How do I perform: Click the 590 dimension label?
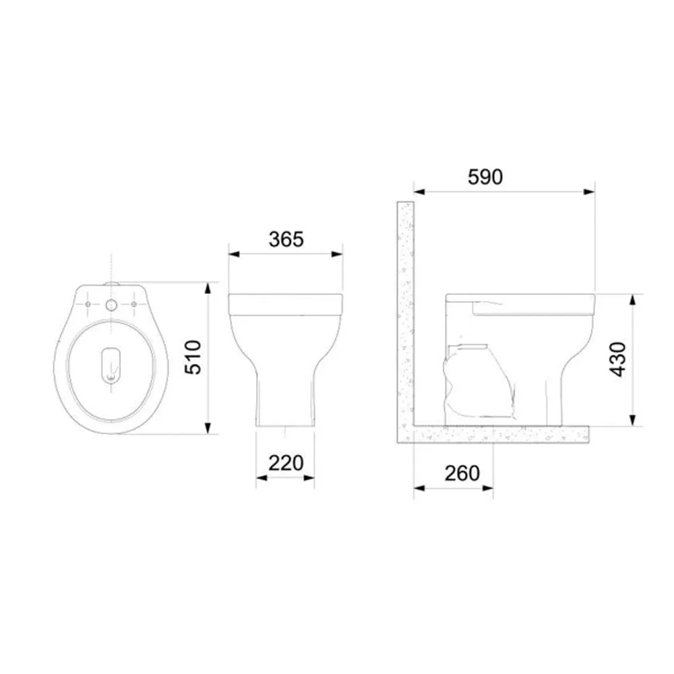pos(485,177)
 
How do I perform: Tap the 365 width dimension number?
pos(286,239)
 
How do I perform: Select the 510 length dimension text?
pos(193,357)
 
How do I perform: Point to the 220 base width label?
pos(286,463)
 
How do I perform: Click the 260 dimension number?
pos(462,473)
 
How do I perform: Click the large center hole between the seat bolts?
pos(111,305)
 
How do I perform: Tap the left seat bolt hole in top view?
pos(88,305)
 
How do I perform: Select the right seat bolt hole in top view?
pos(134,305)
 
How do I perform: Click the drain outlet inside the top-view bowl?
pos(111,365)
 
